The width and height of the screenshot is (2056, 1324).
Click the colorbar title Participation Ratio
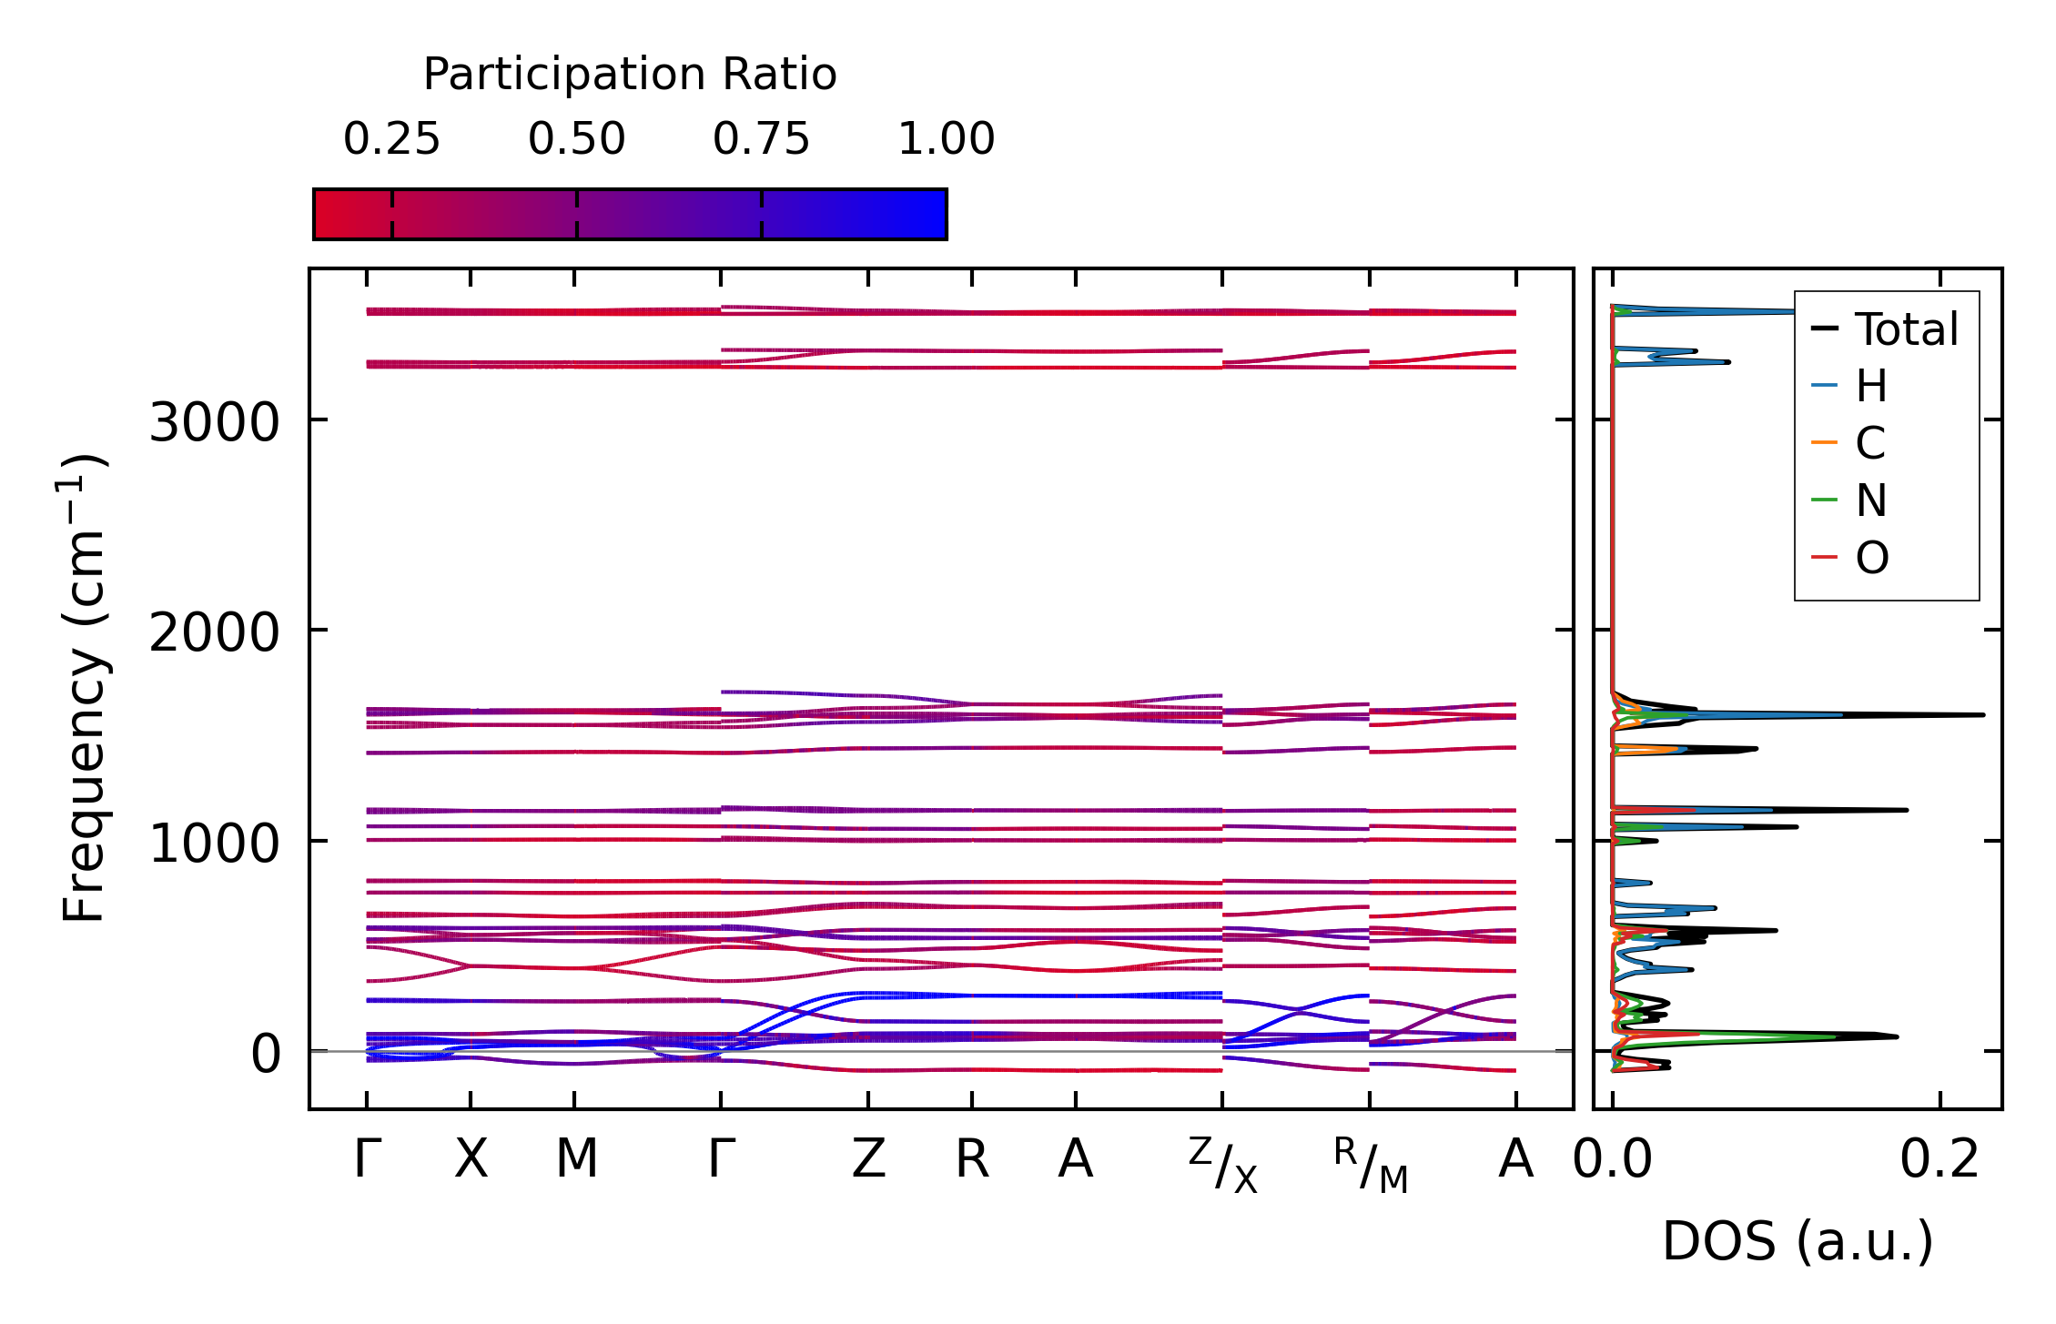click(630, 75)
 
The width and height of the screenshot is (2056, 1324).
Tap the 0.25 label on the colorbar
click(391, 139)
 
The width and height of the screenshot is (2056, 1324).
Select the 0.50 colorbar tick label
click(576, 139)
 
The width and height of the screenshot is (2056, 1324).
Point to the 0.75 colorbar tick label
click(761, 139)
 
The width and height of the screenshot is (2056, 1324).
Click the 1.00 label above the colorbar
click(946, 139)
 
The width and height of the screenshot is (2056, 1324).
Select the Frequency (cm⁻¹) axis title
click(84, 688)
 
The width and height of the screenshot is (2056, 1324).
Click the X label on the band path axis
click(471, 1159)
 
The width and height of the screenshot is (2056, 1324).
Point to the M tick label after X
click(576, 1159)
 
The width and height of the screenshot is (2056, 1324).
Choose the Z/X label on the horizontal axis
click(1222, 1165)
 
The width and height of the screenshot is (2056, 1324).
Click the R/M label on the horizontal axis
click(1370, 1165)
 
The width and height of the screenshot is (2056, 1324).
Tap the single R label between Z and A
click(972, 1159)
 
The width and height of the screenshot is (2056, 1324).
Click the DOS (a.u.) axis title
click(1798, 1241)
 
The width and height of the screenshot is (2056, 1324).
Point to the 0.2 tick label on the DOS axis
click(1940, 1160)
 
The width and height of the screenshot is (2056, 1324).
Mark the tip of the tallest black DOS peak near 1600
click(1983, 715)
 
